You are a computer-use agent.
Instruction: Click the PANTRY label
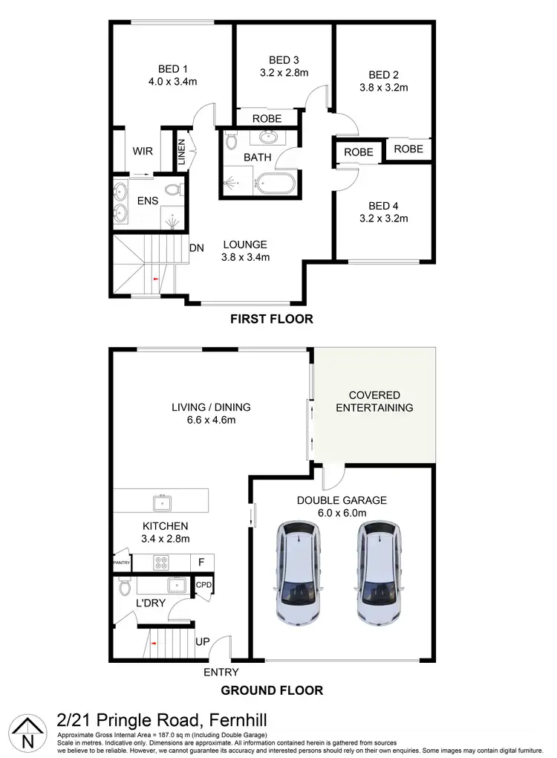122,562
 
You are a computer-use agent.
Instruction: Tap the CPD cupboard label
203,586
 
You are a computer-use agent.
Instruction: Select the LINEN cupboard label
181,151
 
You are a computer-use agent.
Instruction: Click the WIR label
143,151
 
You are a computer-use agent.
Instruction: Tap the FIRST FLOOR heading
272,320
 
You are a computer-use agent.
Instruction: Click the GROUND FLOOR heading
272,690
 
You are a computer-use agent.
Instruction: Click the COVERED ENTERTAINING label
374,401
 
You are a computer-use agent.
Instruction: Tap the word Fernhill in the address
229,720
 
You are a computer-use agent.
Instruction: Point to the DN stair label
197,248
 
